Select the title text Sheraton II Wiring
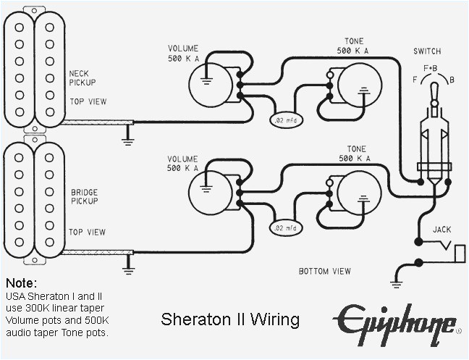coord(229,319)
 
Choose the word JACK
coord(442,229)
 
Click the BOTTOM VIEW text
coord(325,272)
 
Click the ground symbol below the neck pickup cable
coord(128,133)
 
